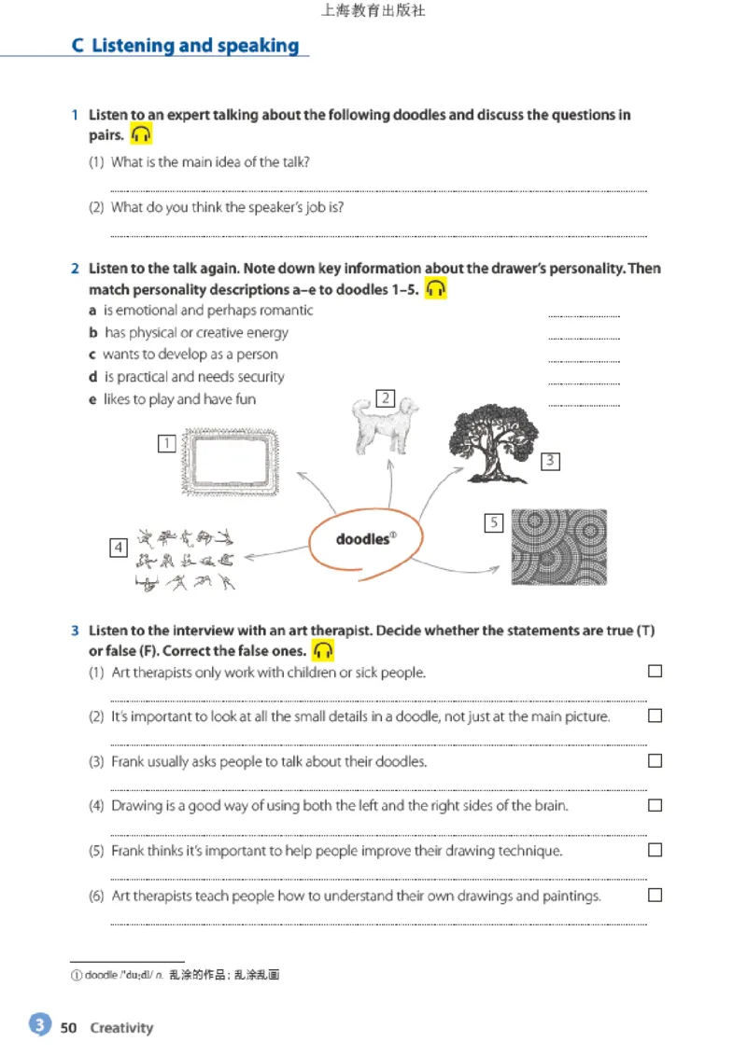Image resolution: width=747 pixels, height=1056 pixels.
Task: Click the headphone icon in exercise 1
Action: point(141,134)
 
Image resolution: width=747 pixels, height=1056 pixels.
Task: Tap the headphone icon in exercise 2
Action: point(435,289)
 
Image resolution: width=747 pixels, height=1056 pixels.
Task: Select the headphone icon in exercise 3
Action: point(323,650)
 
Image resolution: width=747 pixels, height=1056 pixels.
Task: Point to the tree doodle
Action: point(493,438)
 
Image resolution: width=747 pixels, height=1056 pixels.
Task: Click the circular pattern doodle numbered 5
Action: point(558,547)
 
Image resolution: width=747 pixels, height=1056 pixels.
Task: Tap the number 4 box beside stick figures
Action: point(119,548)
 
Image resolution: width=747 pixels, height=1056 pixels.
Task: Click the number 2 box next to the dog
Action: point(385,399)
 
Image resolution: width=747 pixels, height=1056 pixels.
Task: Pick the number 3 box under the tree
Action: point(550,461)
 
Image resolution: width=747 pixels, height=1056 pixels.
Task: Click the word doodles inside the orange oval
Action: point(362,539)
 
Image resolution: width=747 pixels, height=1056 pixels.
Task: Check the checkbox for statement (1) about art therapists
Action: point(655,671)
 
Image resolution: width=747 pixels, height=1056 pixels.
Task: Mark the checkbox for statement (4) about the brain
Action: point(655,804)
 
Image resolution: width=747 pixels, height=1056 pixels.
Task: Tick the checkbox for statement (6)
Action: point(655,895)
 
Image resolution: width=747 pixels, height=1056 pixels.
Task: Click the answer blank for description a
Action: point(584,315)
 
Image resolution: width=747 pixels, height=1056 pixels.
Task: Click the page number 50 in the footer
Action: point(68,1028)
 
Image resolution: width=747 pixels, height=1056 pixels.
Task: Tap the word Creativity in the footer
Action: point(121,1028)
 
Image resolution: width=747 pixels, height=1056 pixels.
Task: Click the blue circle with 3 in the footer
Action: point(39,1025)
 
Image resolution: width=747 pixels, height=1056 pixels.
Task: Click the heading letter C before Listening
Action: point(78,46)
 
